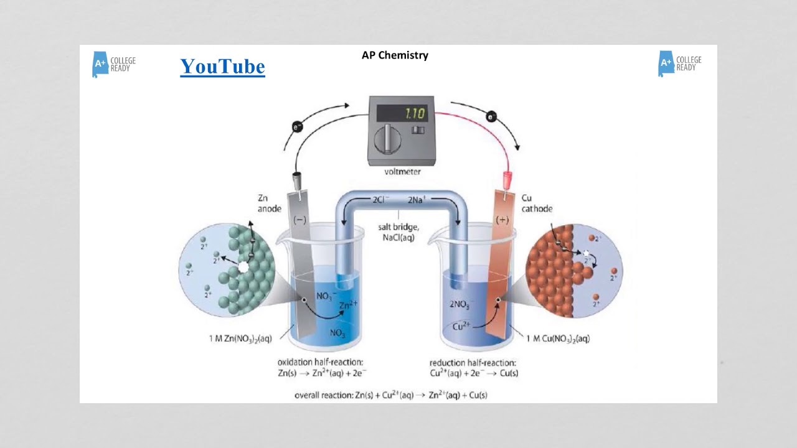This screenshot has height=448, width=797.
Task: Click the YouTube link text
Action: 222,67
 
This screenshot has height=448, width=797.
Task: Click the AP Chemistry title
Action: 395,55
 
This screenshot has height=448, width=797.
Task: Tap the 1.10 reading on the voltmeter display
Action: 415,114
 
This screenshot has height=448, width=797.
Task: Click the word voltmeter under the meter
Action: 394,172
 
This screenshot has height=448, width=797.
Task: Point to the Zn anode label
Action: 269,203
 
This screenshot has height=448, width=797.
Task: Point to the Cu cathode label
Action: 536,203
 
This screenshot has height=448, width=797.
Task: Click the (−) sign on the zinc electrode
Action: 300,220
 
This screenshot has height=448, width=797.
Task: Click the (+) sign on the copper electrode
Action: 502,220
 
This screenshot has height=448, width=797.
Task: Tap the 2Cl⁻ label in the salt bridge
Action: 380,200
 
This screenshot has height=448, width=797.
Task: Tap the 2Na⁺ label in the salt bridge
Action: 417,200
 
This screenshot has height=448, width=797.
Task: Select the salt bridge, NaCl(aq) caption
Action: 398,232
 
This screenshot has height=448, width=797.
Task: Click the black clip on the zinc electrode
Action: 298,180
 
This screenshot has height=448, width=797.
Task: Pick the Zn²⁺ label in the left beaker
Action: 349,306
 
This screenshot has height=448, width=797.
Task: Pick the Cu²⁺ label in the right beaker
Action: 461,325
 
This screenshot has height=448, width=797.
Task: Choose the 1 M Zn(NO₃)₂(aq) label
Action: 240,339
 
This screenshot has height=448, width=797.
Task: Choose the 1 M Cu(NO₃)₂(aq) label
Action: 558,339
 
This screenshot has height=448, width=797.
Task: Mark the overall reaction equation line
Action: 390,395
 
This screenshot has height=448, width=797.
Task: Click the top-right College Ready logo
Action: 679,63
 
